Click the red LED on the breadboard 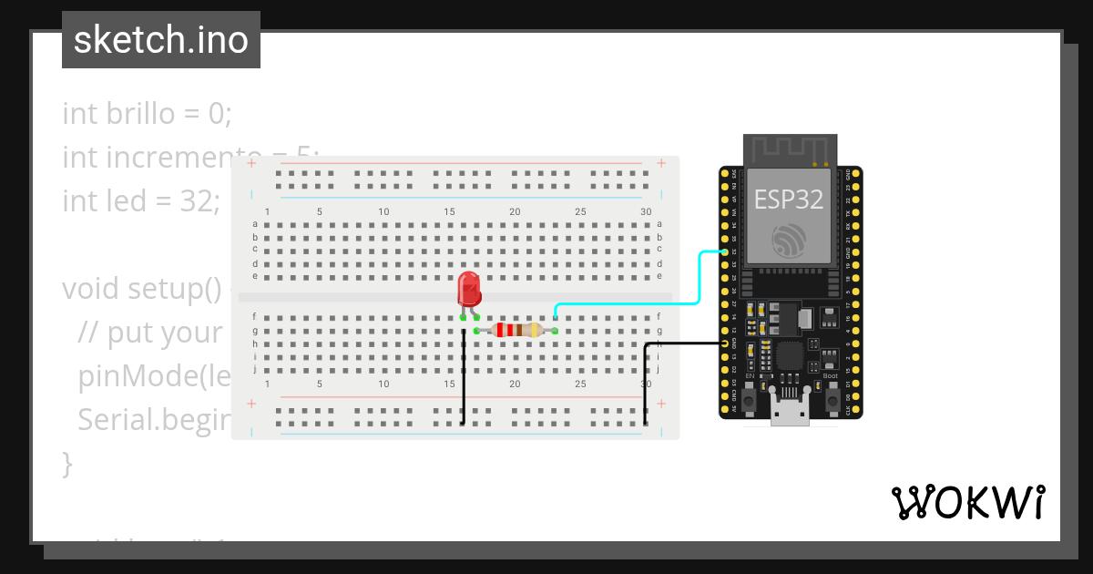coord(470,289)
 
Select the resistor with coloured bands coord(516,331)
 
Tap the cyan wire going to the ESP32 coord(699,279)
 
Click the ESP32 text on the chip coord(789,200)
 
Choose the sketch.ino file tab coord(161,40)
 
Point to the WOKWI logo coord(967,502)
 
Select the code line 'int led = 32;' coord(141,200)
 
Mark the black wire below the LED coord(464,383)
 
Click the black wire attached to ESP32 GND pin coord(683,343)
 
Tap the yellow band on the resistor coord(535,331)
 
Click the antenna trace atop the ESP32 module coord(789,149)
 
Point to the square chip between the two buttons coord(789,355)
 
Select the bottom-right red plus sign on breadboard coord(661,403)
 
